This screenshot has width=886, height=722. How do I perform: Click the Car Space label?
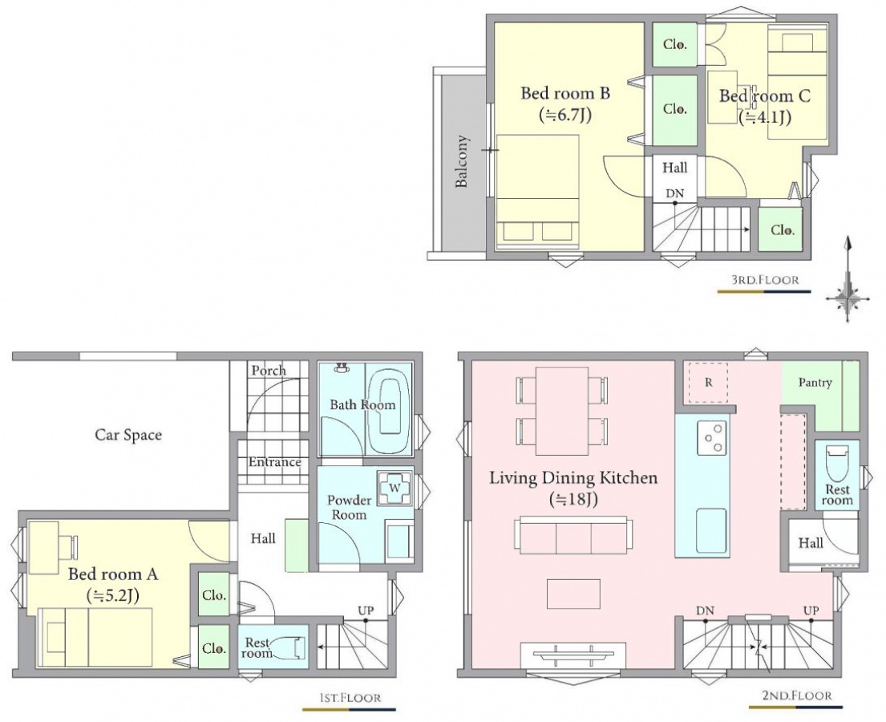[128, 436]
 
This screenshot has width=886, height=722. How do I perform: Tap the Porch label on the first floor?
[269, 371]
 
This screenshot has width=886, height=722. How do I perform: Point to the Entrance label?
[274, 462]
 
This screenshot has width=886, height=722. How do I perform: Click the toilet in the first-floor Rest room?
[295, 647]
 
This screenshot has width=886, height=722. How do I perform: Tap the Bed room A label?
[113, 574]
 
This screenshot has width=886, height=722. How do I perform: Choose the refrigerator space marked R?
[708, 383]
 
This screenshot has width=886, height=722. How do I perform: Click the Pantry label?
[815, 383]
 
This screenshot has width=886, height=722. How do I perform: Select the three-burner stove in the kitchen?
[712, 437]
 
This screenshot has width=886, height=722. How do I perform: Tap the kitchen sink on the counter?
[711, 530]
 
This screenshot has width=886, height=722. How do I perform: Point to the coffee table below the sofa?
[573, 594]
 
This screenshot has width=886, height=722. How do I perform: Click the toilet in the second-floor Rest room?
[837, 463]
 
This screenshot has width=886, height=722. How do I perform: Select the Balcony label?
[462, 161]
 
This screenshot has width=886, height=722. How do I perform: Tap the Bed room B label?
[565, 93]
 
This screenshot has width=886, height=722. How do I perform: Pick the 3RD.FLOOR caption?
[766, 280]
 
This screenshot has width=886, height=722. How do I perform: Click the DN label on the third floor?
[674, 193]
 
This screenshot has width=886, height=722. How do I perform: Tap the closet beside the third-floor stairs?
[780, 229]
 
